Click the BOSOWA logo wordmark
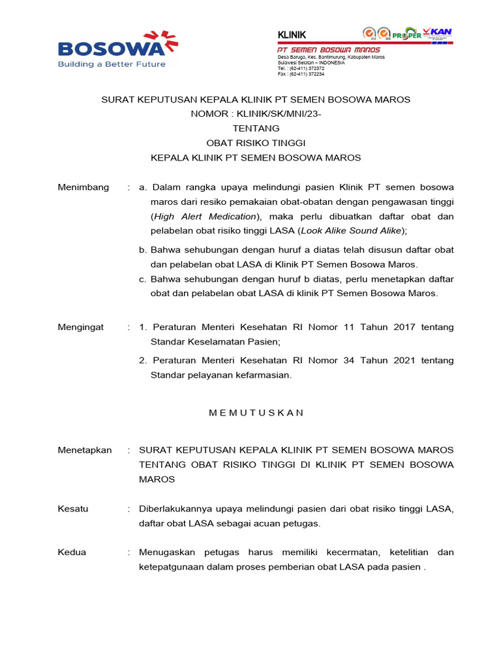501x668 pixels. point(108,48)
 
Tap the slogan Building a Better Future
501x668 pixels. point(112,64)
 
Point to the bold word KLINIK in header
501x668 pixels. point(292,35)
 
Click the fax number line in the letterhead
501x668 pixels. point(301,74)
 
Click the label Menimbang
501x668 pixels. point(83,187)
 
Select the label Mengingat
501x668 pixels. point(81,327)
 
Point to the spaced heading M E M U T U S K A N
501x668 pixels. point(256,412)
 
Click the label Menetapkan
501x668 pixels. point(85,450)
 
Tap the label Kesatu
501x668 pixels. point(73,508)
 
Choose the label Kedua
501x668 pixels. point(72,552)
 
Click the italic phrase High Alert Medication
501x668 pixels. point(205,216)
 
